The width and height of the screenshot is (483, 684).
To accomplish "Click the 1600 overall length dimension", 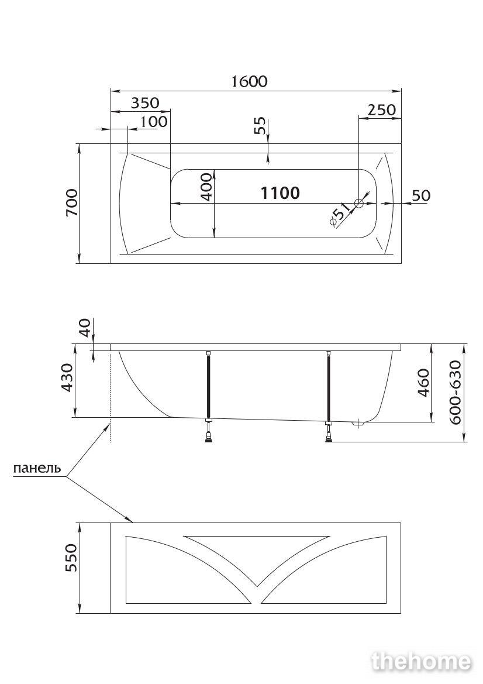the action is (249, 81).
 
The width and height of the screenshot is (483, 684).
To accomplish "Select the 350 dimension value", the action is (145, 103).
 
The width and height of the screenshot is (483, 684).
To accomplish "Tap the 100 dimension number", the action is (154, 121).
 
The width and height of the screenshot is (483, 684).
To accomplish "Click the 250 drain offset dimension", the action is (381, 109).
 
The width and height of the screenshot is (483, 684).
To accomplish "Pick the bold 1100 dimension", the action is (280, 193).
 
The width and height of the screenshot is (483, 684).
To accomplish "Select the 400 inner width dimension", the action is (206, 187).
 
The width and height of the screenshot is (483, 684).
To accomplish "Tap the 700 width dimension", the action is (71, 202).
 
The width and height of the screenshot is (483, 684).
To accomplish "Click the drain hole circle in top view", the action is (359, 203).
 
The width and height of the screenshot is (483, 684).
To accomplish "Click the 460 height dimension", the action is (423, 383).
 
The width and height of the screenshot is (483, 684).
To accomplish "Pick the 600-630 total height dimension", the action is (455, 392).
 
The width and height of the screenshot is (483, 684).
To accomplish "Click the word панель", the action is (37, 469).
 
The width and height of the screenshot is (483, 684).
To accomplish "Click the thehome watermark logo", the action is (422, 662).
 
